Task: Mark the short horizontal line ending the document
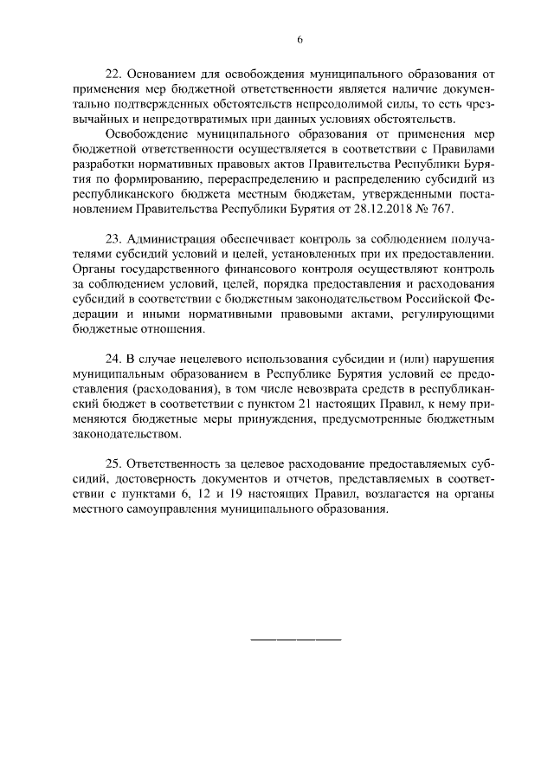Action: click(x=296, y=639)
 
